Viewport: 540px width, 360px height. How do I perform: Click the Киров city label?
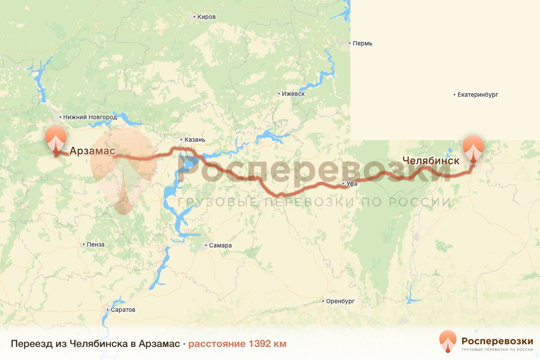[x=207, y=17]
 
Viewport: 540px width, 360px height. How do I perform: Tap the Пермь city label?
[x=363, y=44]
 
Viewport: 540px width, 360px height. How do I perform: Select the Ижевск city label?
[x=293, y=94]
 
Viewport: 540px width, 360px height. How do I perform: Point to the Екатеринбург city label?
[x=478, y=95]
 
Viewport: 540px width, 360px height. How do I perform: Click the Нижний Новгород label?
[x=90, y=117]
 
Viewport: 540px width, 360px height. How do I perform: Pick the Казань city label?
[x=195, y=139]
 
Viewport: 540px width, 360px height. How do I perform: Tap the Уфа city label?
[x=352, y=184]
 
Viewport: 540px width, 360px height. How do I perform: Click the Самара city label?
[x=220, y=246]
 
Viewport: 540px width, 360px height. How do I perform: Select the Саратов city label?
[x=123, y=310]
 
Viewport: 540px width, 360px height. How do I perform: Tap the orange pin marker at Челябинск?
[x=474, y=149]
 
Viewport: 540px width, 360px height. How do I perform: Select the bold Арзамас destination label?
[x=92, y=151]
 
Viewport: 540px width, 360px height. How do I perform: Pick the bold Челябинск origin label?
[x=431, y=161]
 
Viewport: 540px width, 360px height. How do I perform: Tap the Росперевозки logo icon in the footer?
[x=447, y=342]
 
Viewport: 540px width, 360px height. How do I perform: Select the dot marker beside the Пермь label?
[x=350, y=44]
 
